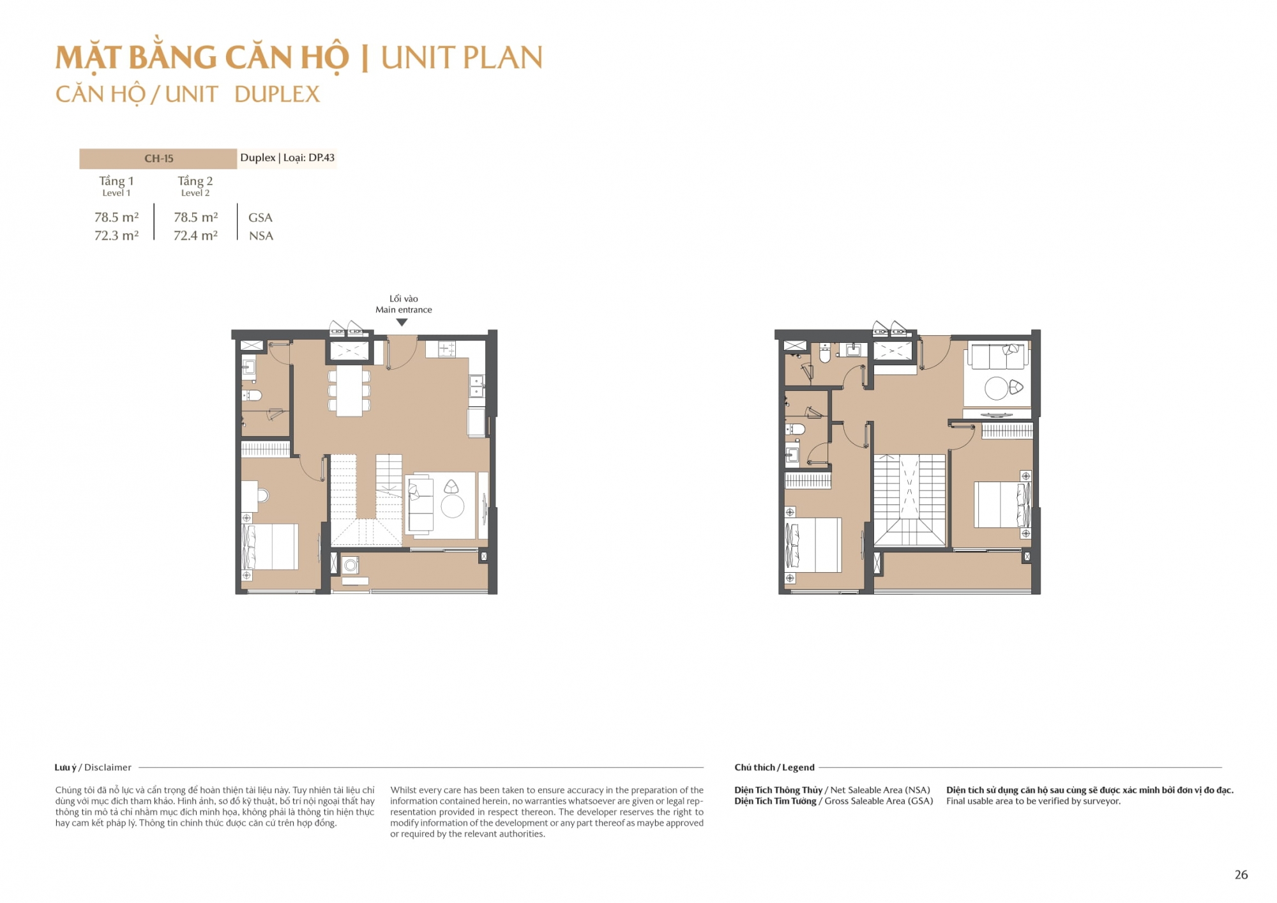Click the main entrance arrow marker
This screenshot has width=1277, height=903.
pyautogui.click(x=402, y=322)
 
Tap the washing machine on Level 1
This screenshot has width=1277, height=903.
pyautogui.click(x=351, y=565)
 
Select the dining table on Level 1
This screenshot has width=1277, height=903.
pyautogui.click(x=349, y=390)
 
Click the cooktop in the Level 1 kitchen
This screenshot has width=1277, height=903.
pyautogui.click(x=447, y=349)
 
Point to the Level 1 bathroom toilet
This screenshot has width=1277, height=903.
pyautogui.click(x=253, y=395)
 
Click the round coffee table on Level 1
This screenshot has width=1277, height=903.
pyautogui.click(x=452, y=506)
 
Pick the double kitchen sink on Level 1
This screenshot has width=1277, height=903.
pyautogui.click(x=476, y=386)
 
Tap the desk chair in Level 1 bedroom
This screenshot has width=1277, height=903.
pyautogui.click(x=263, y=495)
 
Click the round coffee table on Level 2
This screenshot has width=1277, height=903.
pyautogui.click(x=996, y=388)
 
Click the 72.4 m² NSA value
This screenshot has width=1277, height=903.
pyautogui.click(x=195, y=236)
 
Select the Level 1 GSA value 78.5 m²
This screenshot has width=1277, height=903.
pyautogui.click(x=116, y=217)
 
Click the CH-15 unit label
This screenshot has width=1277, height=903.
pyautogui.click(x=158, y=158)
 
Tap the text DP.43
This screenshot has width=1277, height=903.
pyautogui.click(x=321, y=158)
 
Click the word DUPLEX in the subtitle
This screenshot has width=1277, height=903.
pyautogui.click(x=276, y=95)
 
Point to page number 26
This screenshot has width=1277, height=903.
pyautogui.click(x=1241, y=875)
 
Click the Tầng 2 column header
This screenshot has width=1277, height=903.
pyautogui.click(x=195, y=181)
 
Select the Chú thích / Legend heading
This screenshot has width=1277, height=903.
pyautogui.click(x=774, y=768)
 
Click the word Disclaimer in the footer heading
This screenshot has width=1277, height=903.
pyautogui.click(x=108, y=768)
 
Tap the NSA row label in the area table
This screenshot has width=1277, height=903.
pyautogui.click(x=261, y=236)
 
